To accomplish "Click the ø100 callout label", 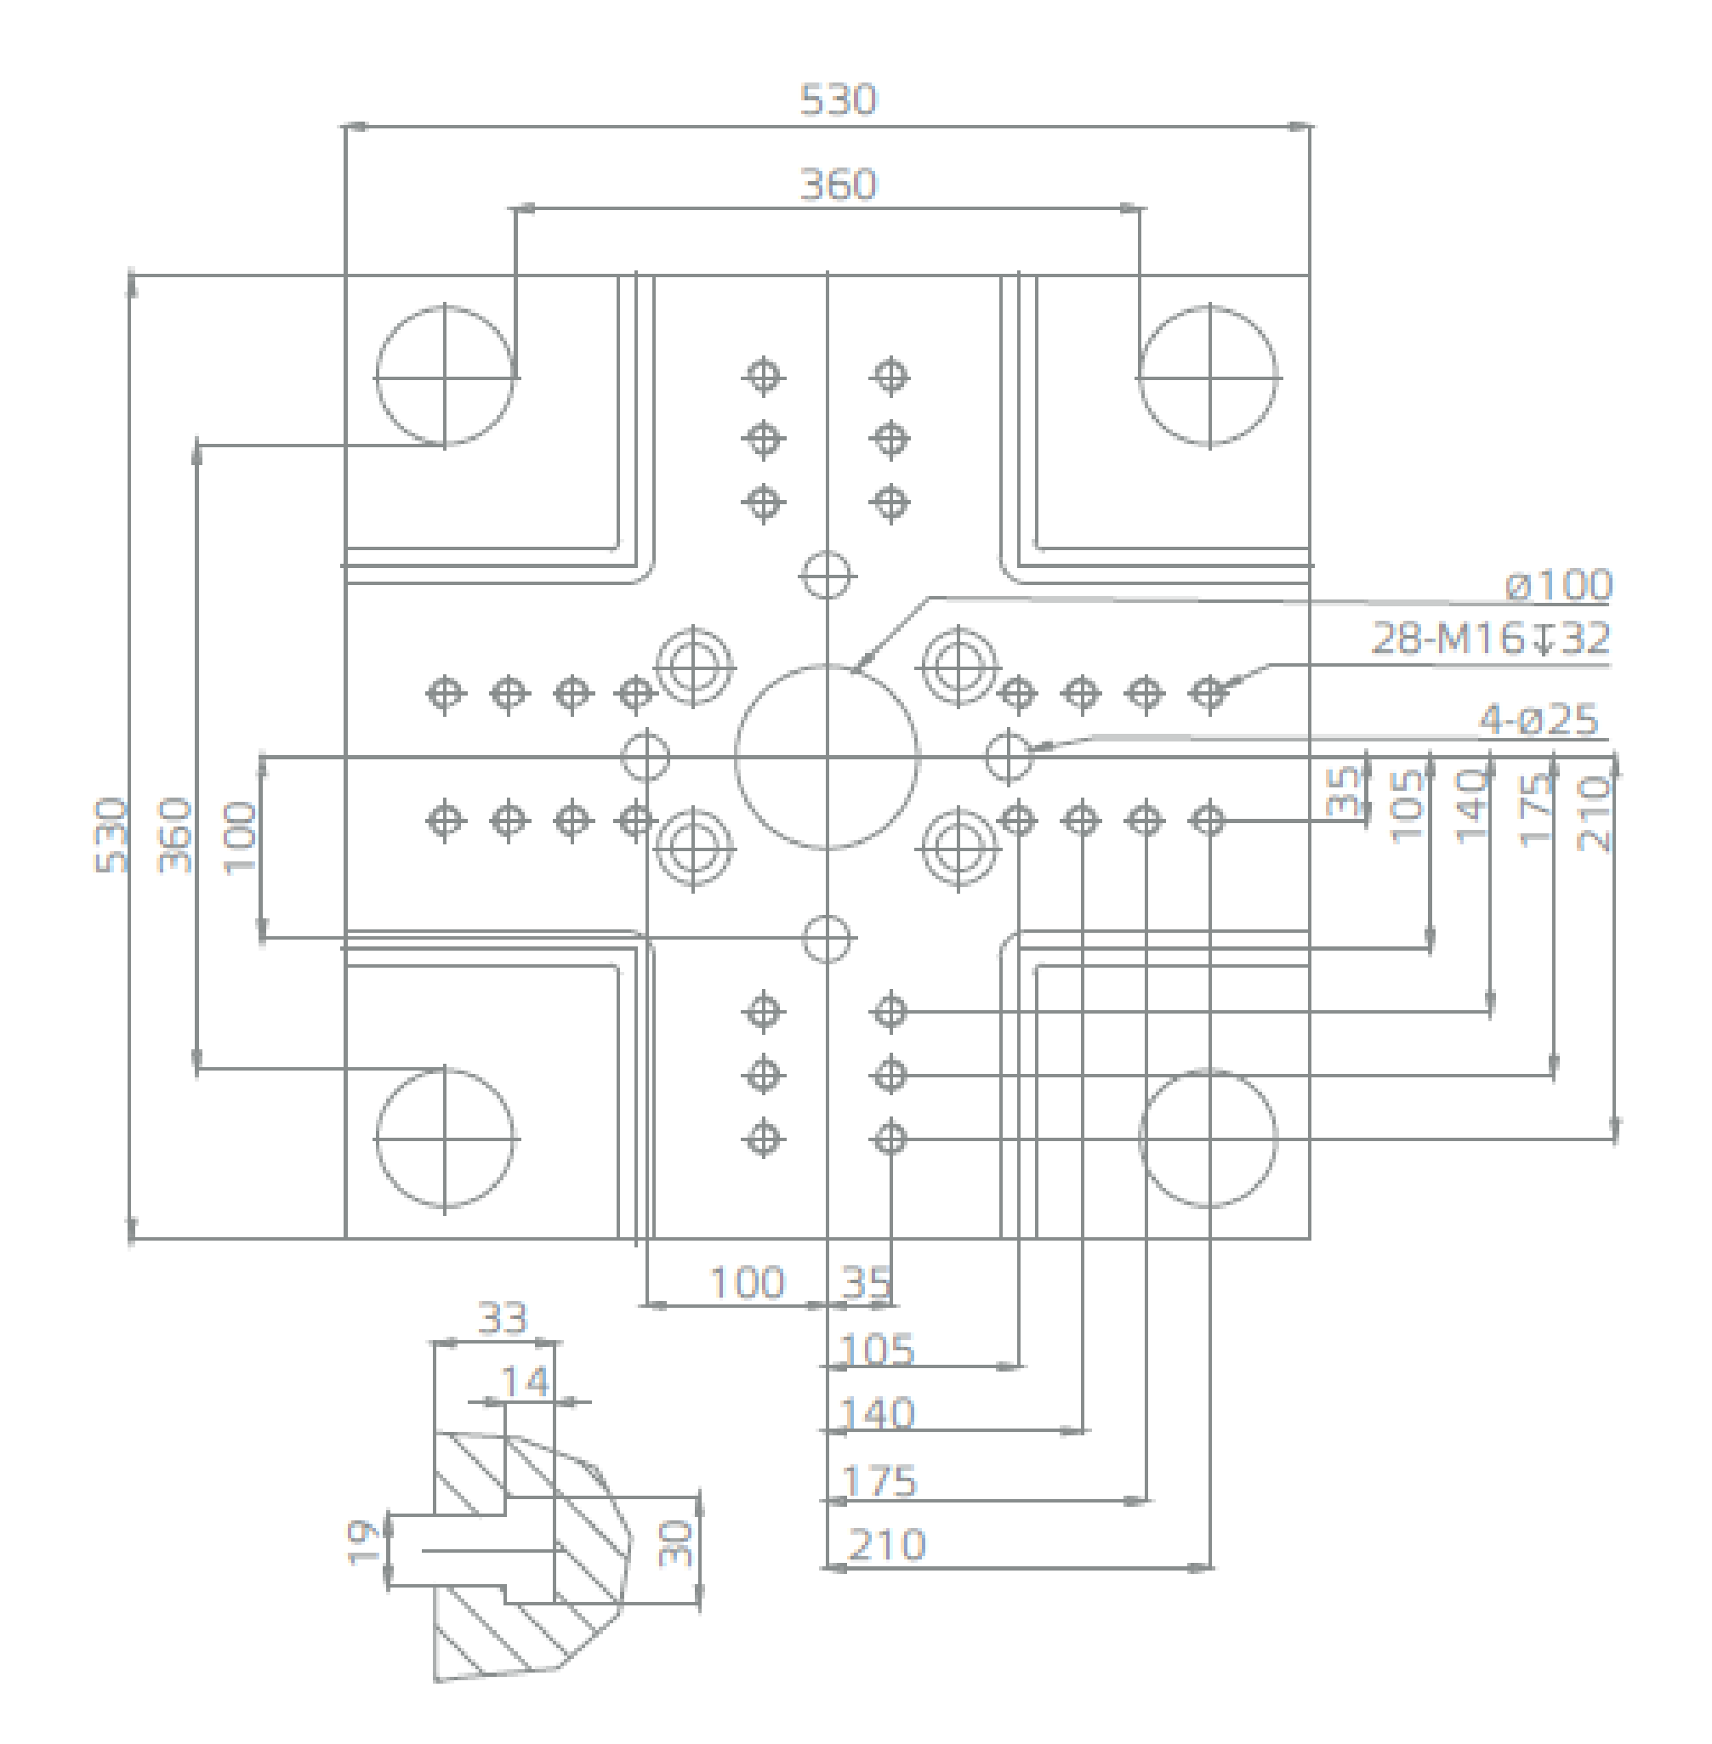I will pyautogui.click(x=1559, y=585).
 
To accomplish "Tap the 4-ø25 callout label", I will pyautogui.click(x=1539, y=720).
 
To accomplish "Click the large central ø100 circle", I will pyautogui.click(x=827, y=757).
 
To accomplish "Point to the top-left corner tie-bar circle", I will pyautogui.click(x=444, y=376).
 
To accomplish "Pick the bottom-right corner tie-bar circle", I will pyautogui.click(x=1208, y=1138).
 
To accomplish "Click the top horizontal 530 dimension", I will pyautogui.click(x=838, y=99).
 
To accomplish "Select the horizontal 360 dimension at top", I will pyautogui.click(x=838, y=185).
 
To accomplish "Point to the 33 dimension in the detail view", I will pyautogui.click(x=502, y=1319).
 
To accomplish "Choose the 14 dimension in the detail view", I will pyautogui.click(x=524, y=1382).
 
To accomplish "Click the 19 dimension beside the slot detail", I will pyautogui.click(x=363, y=1542).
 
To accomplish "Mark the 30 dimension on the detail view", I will pyautogui.click(x=676, y=1543).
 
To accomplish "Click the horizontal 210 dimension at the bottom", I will pyautogui.click(x=886, y=1545).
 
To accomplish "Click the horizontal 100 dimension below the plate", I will pyautogui.click(x=748, y=1283).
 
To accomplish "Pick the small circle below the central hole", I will pyautogui.click(x=827, y=939).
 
